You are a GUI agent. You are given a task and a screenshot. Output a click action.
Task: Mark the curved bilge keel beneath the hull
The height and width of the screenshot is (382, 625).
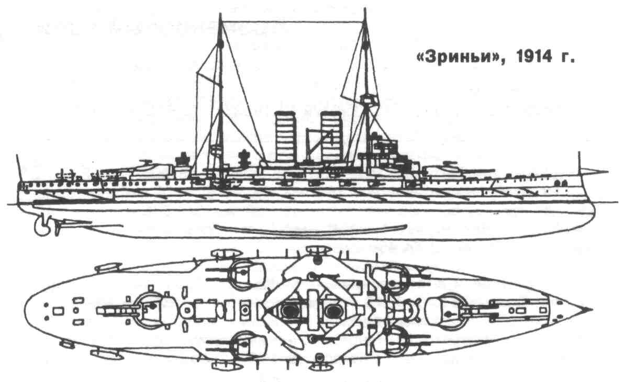[x=312, y=229]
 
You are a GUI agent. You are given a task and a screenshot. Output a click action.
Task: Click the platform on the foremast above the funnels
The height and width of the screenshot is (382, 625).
[x=370, y=98]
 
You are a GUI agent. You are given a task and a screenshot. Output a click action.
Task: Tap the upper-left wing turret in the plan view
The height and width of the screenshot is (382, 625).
[x=245, y=274]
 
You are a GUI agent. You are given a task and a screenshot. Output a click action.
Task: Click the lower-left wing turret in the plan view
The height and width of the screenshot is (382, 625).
[x=245, y=345]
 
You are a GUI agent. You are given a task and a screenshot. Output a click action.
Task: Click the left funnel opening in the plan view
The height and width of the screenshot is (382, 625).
[x=288, y=310]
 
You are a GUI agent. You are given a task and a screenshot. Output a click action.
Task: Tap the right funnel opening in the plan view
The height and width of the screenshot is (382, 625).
[x=332, y=310]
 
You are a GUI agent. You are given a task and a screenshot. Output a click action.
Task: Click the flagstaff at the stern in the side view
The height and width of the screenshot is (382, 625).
[x=19, y=167]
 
